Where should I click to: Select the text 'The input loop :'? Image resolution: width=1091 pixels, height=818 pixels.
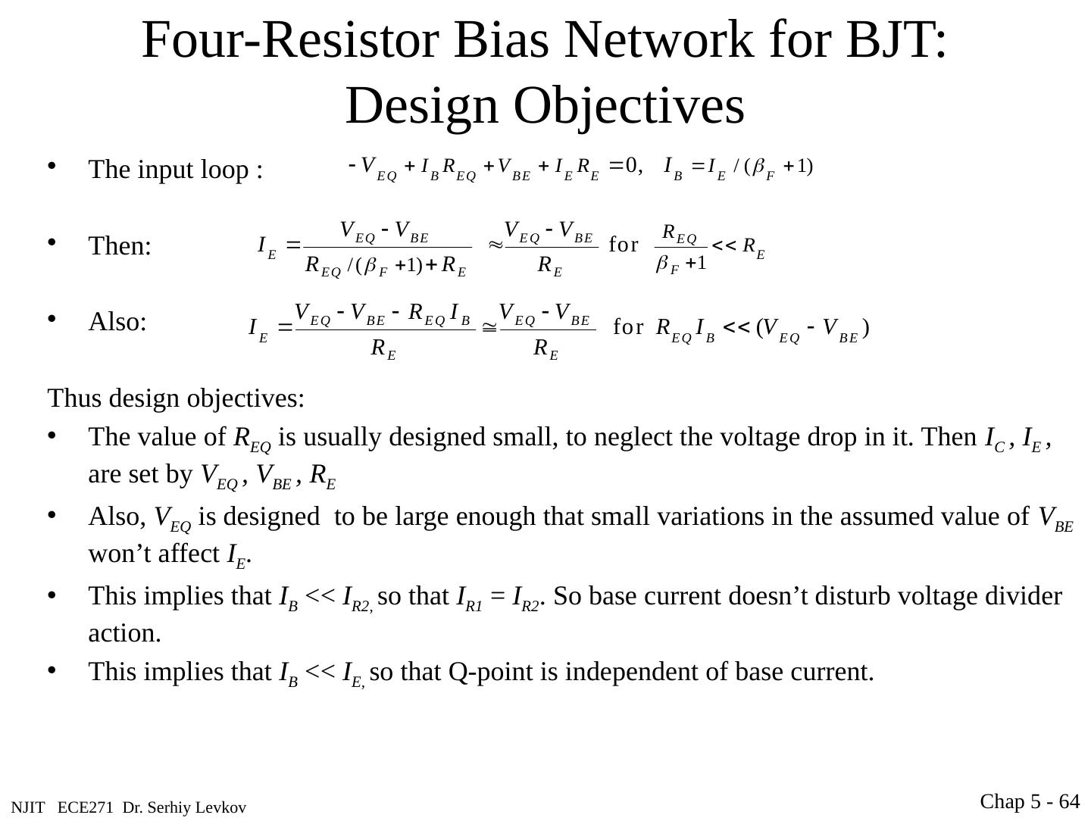[176, 170]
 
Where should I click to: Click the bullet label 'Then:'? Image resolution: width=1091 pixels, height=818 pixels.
[120, 246]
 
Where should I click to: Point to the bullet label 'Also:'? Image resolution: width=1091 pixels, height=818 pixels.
[117, 323]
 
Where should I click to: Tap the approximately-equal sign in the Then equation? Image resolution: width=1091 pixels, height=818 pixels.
[495, 245]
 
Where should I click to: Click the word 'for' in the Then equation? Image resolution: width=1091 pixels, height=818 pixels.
[624, 245]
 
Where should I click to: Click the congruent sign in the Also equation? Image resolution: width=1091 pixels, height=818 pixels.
[489, 328]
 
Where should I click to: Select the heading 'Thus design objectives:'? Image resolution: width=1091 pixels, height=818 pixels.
[177, 398]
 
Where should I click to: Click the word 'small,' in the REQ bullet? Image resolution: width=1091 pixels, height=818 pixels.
[524, 437]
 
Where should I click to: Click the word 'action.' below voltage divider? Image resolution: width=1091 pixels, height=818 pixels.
[125, 633]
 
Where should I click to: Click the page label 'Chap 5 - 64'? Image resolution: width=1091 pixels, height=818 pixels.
[1030, 801]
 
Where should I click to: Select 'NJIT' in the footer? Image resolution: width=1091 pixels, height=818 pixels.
[28, 808]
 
